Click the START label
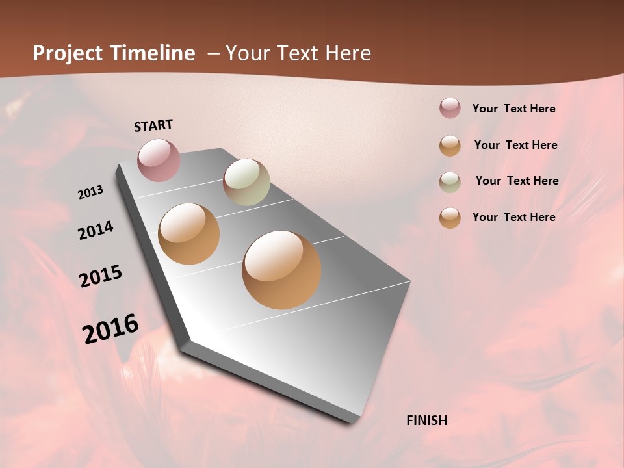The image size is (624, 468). (x=153, y=125)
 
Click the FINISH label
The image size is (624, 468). (x=426, y=421)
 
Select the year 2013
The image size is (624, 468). (x=90, y=192)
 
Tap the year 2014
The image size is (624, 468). (x=96, y=231)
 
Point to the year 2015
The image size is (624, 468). (x=101, y=276)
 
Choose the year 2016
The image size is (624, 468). (x=110, y=329)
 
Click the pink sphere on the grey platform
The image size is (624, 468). (x=159, y=160)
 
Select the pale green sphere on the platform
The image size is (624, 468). (x=246, y=182)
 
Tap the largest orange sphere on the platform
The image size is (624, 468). (x=281, y=270)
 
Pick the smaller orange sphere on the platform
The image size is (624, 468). (x=188, y=234)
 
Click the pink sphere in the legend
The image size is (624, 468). (x=450, y=109)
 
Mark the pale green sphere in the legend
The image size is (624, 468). (x=450, y=181)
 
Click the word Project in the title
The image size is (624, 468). (x=68, y=53)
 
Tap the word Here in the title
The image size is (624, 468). (x=348, y=53)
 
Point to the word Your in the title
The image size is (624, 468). (x=248, y=53)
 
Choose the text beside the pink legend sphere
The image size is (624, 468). (x=513, y=109)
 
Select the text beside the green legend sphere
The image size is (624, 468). (x=517, y=181)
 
